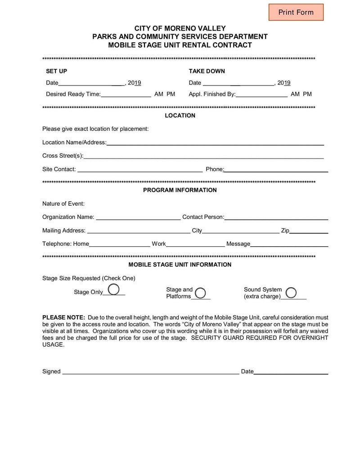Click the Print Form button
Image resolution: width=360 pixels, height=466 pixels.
[x=296, y=12]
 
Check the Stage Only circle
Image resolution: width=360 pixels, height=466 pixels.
[x=114, y=289]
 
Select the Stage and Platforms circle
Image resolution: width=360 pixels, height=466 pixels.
[x=200, y=293]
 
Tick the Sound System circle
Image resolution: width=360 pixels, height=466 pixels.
[x=291, y=293]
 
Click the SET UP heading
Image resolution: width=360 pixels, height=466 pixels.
[x=56, y=71]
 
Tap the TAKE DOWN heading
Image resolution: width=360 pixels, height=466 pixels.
[x=207, y=71]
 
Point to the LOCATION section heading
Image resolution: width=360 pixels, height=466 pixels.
[x=180, y=116]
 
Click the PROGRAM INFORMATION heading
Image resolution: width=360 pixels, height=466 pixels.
[x=180, y=190]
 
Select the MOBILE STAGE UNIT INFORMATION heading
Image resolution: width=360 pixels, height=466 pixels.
[x=180, y=265]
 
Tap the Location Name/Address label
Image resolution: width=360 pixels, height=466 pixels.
[x=74, y=142]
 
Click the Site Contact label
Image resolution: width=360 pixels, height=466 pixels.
[x=59, y=169]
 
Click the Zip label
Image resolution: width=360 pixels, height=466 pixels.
[x=285, y=231]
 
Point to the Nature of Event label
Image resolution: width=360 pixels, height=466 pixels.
[x=63, y=204]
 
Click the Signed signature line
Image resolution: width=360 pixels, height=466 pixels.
[x=150, y=372]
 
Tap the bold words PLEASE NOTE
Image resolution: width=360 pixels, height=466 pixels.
[x=63, y=317]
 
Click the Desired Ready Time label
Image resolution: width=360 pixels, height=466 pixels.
[x=73, y=94]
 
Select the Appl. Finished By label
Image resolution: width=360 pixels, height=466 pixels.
[x=212, y=94]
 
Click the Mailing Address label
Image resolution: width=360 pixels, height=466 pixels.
[x=63, y=231]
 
